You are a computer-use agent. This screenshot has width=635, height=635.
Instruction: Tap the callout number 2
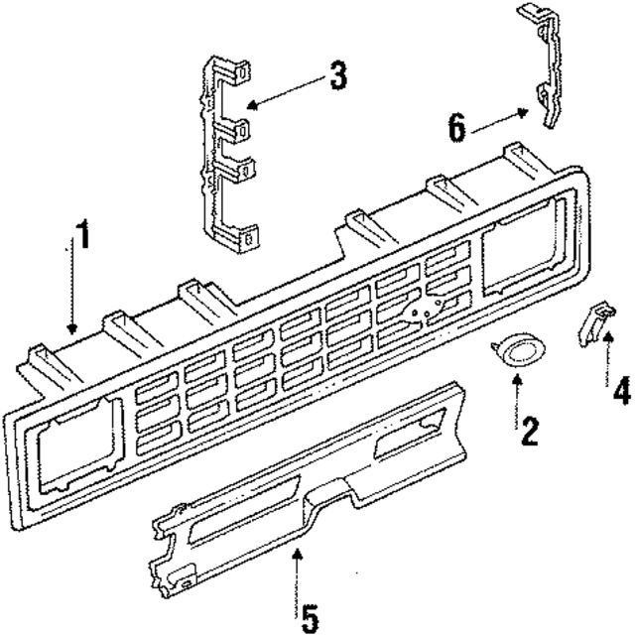(x=529, y=430)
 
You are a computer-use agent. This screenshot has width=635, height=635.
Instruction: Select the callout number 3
(x=337, y=76)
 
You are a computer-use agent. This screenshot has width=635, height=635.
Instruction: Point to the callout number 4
(x=621, y=390)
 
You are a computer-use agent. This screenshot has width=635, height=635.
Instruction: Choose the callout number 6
(x=456, y=126)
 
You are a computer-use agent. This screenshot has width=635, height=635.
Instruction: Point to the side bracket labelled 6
(x=544, y=69)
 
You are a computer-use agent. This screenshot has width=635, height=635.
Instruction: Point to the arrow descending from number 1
(x=70, y=288)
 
